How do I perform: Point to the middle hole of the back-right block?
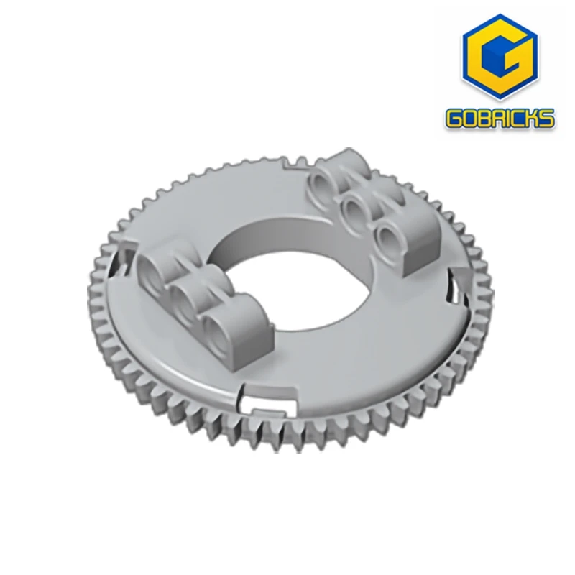pos(353,209)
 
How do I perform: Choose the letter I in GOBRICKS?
pos(507,119)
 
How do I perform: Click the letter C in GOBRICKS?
pos(518,119)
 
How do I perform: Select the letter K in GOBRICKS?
pos(534,119)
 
